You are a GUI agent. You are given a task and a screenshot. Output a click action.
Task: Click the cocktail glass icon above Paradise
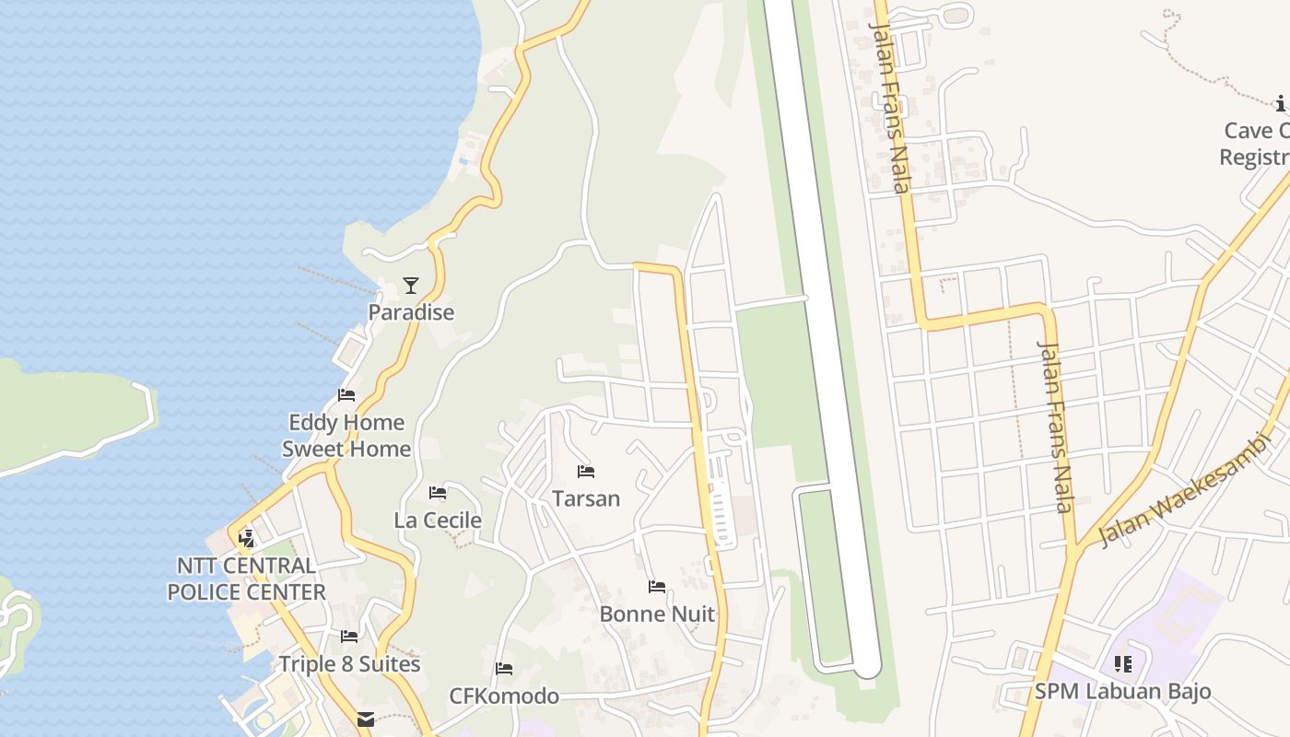click(x=411, y=286)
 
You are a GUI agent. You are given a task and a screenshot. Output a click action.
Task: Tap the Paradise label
click(x=411, y=312)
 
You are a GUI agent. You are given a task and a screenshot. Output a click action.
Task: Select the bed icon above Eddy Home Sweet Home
click(x=346, y=395)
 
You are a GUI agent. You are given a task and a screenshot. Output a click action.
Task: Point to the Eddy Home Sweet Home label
click(x=346, y=436)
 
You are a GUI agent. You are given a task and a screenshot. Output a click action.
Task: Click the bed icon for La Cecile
click(x=438, y=493)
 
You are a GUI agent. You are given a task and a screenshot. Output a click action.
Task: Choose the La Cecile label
click(x=438, y=521)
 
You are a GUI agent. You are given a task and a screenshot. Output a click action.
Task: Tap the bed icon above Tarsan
click(x=586, y=472)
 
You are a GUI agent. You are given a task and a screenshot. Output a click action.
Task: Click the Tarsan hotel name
click(x=586, y=498)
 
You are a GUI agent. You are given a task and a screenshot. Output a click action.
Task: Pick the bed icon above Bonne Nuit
click(x=657, y=586)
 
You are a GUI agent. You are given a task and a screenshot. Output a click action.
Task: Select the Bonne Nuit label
click(x=657, y=614)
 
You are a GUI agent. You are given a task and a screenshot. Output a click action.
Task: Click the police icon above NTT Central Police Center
click(x=246, y=538)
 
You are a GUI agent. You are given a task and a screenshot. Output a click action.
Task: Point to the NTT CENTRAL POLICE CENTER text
click(x=246, y=579)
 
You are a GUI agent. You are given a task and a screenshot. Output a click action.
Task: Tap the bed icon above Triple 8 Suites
click(x=349, y=636)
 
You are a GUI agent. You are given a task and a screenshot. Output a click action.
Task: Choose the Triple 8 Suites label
click(x=349, y=664)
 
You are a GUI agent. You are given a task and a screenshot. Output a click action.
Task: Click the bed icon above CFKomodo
click(x=504, y=669)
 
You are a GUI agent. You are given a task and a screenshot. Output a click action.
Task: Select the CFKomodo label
click(x=504, y=696)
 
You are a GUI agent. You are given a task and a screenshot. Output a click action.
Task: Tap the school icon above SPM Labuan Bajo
click(x=1122, y=663)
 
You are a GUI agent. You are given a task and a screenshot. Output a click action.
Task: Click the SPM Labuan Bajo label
click(x=1122, y=691)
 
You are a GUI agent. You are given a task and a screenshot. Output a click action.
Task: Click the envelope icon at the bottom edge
click(x=366, y=719)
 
